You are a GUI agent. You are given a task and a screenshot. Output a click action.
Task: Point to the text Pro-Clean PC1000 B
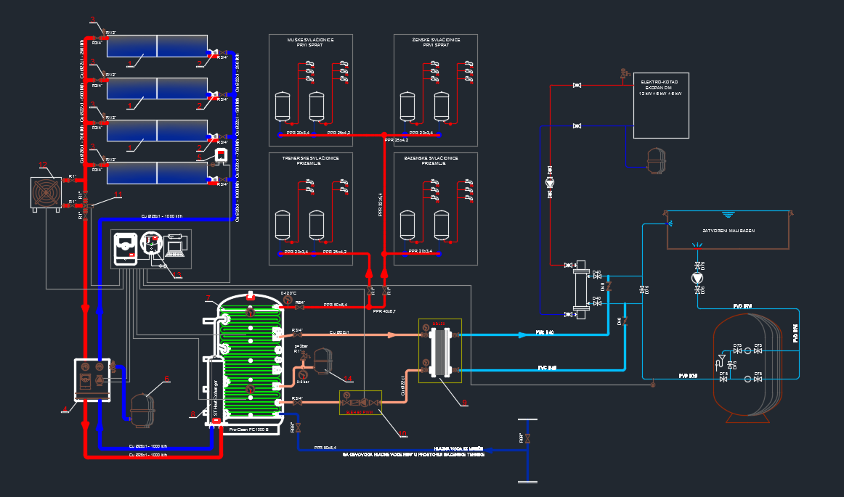(249, 430)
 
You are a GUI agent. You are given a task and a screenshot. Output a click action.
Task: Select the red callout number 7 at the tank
(208, 298)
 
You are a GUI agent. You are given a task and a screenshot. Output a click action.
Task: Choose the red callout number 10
(404, 434)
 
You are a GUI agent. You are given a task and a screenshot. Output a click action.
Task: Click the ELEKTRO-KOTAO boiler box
(660, 105)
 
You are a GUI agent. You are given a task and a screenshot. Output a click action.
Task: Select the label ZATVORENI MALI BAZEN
(729, 230)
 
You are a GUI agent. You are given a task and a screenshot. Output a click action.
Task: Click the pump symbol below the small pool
(698, 277)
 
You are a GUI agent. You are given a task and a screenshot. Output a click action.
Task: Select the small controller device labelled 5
(220, 155)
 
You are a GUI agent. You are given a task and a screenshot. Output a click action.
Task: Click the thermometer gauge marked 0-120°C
(288, 300)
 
